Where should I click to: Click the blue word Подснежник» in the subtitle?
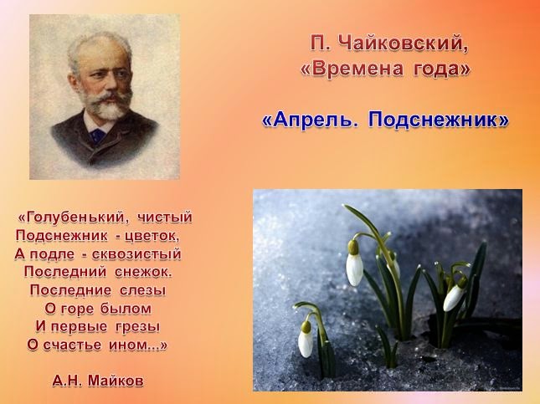pyautogui.click(x=438, y=120)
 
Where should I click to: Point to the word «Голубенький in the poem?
pyautogui.click(x=74, y=217)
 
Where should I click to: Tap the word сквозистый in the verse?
pyautogui.click(x=136, y=254)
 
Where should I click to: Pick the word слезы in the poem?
pyautogui.click(x=143, y=290)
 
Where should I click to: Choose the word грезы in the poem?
pyautogui.click(x=137, y=326)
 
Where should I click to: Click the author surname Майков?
pyautogui.click(x=116, y=381)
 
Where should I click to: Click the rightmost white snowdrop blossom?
pyautogui.click(x=455, y=296)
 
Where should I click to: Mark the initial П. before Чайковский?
pyautogui.click(x=320, y=44)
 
